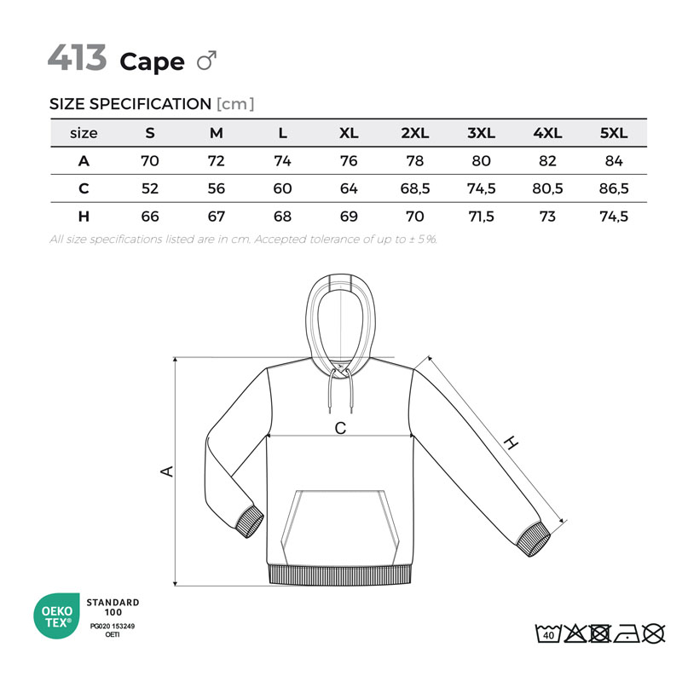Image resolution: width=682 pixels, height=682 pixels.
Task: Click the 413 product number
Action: tap(77, 57)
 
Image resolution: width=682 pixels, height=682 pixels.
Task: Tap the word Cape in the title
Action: tap(152, 62)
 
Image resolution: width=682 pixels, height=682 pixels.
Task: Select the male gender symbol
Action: tap(206, 61)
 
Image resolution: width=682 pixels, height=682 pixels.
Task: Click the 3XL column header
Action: tap(481, 133)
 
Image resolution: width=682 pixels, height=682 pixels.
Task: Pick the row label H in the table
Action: tap(84, 217)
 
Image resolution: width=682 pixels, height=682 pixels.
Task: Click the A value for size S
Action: tap(150, 161)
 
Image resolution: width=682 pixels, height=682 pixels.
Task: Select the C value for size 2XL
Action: tap(415, 188)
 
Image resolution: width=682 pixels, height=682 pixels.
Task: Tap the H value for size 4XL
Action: tap(547, 217)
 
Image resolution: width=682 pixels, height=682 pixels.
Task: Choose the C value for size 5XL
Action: tap(614, 188)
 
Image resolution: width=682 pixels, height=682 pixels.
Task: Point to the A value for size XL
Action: tap(349, 161)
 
